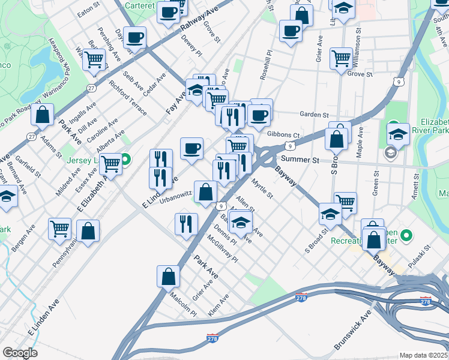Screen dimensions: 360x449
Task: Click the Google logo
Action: pyautogui.click(x=20, y=353)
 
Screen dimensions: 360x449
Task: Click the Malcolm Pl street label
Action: pyautogui.click(x=183, y=304)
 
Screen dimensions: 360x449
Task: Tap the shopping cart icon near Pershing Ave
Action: pyautogui.click(x=94, y=59)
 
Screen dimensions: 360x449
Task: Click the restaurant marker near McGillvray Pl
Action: pyautogui.click(x=186, y=224)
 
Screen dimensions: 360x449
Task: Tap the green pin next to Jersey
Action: pyautogui.click(x=125, y=160)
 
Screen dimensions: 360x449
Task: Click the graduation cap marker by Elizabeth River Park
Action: pyautogui.click(x=398, y=134)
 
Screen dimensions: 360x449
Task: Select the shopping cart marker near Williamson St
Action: pyautogui.click(x=341, y=58)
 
